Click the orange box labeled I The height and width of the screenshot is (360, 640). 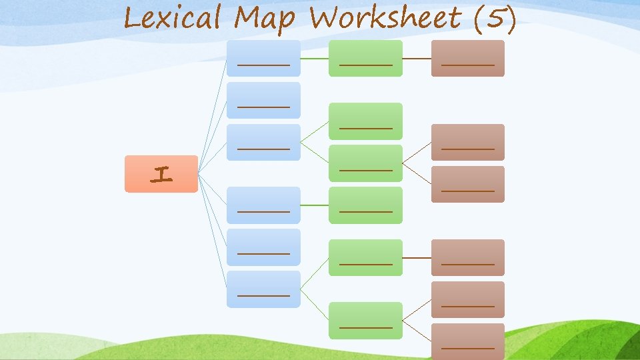(x=161, y=174)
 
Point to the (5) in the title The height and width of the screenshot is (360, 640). (x=494, y=19)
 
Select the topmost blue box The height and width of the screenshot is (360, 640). (x=263, y=58)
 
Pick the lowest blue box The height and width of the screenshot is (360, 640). (x=263, y=289)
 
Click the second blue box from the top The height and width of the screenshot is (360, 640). (x=263, y=100)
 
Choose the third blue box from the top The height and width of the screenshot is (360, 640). (x=263, y=142)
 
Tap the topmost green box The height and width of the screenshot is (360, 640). (x=366, y=58)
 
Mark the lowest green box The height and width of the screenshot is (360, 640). (x=366, y=320)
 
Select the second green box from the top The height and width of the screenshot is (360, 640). (x=366, y=121)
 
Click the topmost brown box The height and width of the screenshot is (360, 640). (x=467, y=58)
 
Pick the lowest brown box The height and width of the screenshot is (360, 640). (x=467, y=341)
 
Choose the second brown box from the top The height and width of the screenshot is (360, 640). (x=467, y=142)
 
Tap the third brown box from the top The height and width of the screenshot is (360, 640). (x=467, y=184)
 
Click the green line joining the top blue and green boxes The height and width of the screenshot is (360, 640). (x=315, y=58)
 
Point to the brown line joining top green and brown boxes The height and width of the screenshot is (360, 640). (x=417, y=58)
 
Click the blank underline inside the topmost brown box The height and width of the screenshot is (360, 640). (x=467, y=65)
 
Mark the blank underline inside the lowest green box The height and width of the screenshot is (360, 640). (x=366, y=327)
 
